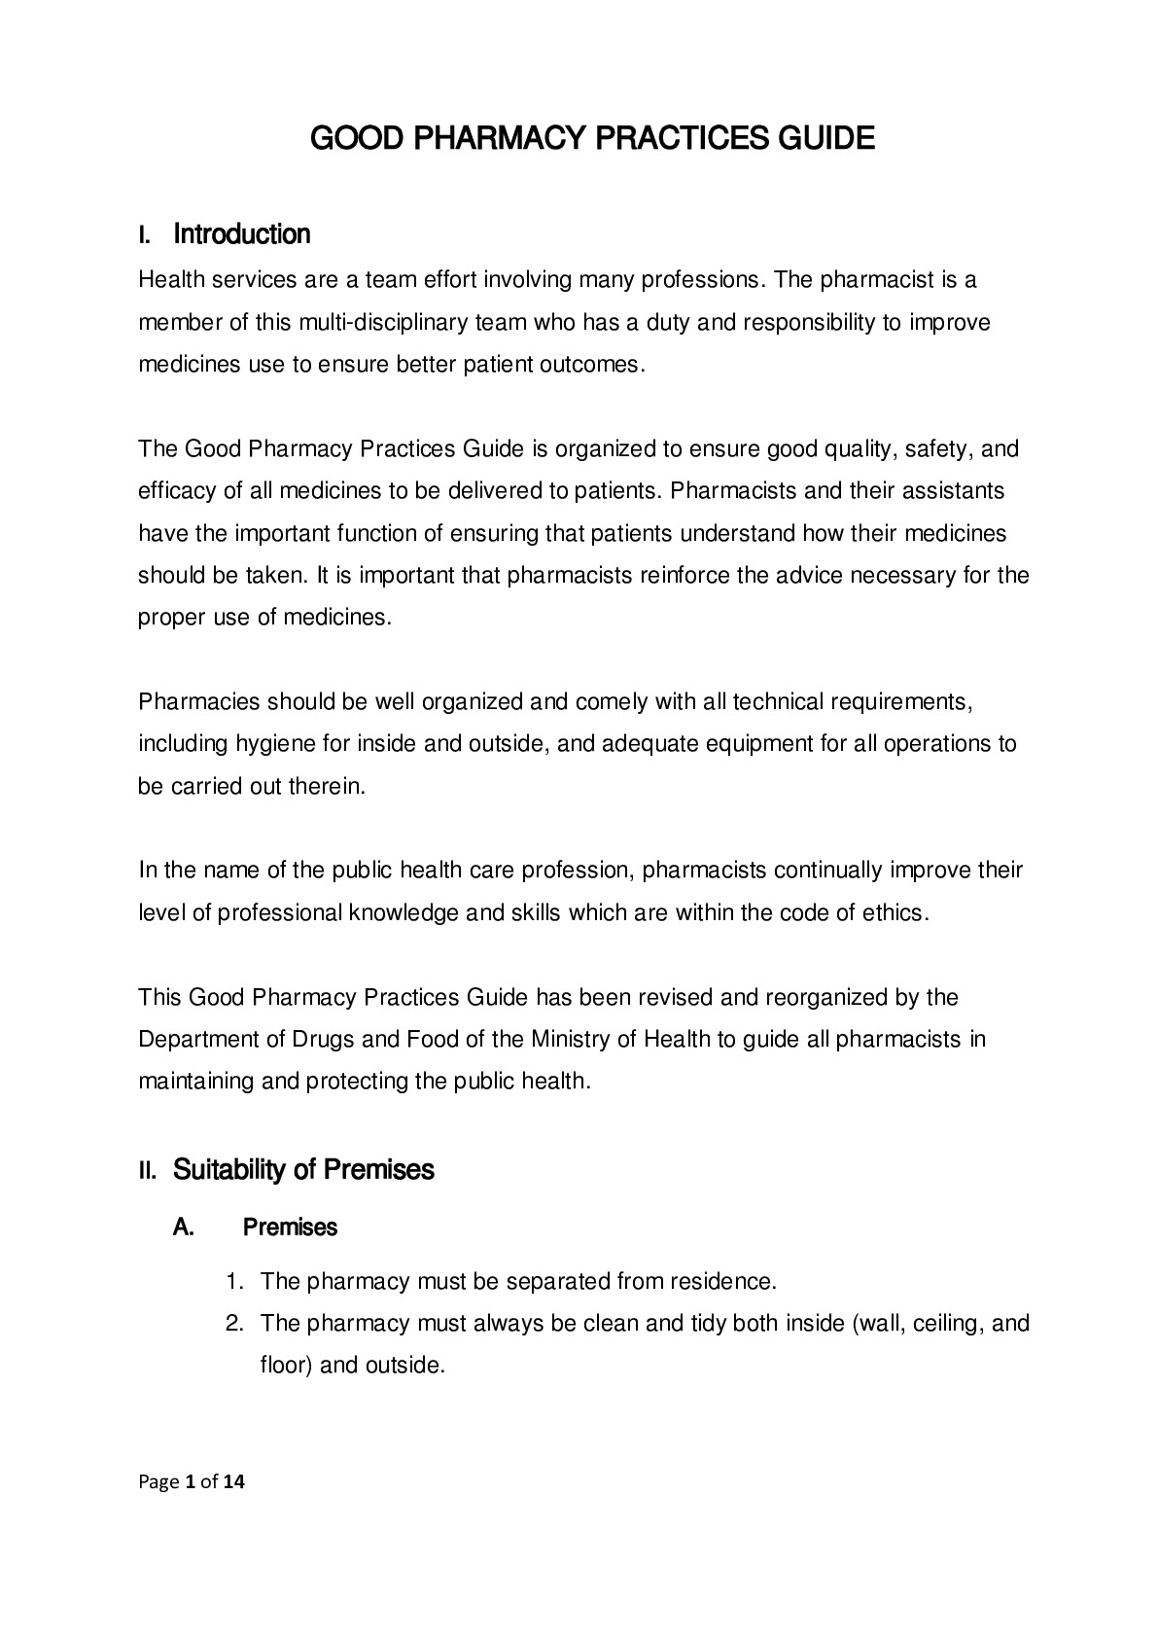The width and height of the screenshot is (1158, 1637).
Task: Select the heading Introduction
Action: [241, 234]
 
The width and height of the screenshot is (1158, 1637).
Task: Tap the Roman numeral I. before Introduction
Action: [145, 235]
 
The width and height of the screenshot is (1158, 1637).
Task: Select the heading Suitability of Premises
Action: [303, 1169]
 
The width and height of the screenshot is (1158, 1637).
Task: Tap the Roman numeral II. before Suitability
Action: [149, 1170]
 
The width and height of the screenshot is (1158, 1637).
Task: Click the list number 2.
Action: [233, 1323]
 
